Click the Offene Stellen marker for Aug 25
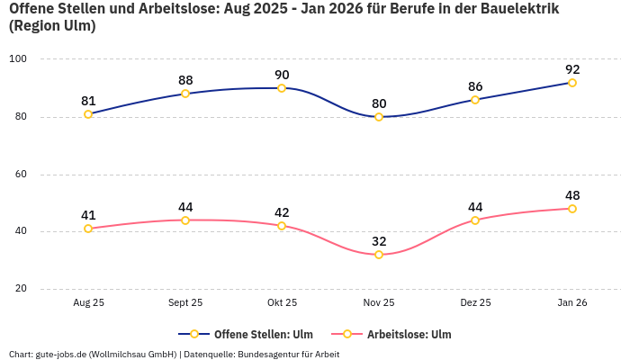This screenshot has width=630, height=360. coord(88,114)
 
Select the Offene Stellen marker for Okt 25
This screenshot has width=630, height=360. coord(282,88)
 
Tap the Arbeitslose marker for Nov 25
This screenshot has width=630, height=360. coord(379,255)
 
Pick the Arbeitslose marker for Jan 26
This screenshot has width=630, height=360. coord(572,209)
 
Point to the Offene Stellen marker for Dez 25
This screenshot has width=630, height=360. coord(475,100)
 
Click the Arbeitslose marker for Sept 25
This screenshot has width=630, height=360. coord(185,220)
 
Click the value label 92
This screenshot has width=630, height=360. coord(572,69)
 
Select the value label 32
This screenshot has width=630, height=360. coord(379,241)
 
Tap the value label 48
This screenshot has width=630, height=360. coord(572,195)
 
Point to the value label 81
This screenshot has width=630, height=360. coord(88,101)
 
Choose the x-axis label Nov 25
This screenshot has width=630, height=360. coord(379,302)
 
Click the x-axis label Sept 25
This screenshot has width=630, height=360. coord(185,302)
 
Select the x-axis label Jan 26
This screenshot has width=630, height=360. coord(572,302)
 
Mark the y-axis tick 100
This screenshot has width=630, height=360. coord(18,59)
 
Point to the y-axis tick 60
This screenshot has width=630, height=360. coord(20,175)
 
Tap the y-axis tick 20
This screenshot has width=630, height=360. coord(20,289)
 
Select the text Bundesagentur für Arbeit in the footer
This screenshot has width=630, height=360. coord(288,354)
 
